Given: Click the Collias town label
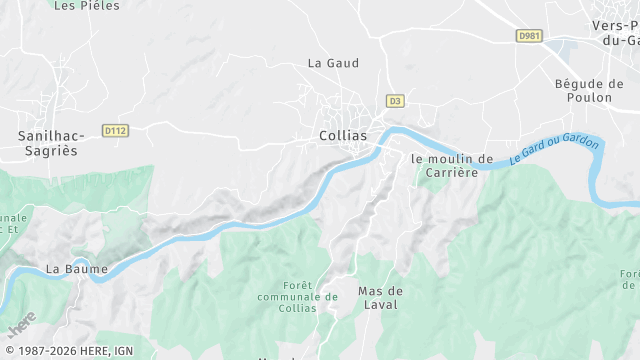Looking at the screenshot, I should (342, 136).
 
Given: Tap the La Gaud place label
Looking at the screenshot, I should (333, 63).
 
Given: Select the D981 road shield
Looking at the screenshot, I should (529, 36).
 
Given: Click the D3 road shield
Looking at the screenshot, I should (395, 101).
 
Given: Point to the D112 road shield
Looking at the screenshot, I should (116, 130).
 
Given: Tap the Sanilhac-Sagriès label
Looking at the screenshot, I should (48, 142).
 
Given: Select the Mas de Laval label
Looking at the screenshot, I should (379, 298).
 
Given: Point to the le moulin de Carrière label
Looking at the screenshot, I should (452, 165).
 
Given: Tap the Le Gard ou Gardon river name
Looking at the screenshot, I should (554, 151).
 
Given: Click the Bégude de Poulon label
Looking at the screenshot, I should (589, 90).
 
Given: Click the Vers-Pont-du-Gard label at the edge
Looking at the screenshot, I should (615, 33).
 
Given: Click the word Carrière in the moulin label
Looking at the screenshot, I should (452, 172).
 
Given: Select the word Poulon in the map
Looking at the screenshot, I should (589, 97).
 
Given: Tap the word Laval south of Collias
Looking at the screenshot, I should (379, 305).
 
